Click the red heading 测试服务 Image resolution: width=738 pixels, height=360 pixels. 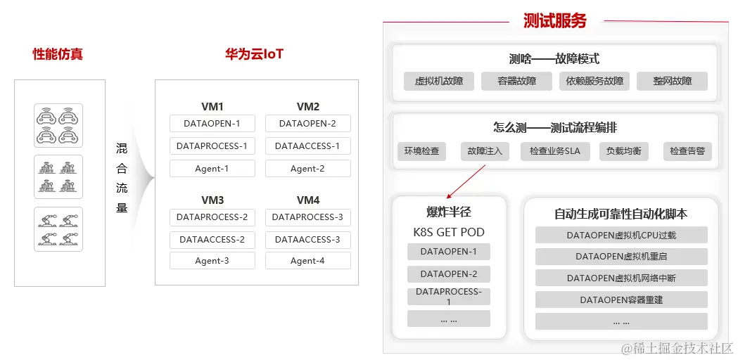tap(554, 20)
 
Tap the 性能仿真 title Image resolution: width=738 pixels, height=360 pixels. tap(58, 54)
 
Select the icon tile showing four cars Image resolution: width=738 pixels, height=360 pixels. tap(58, 125)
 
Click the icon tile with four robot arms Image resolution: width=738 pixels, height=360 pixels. tap(58, 229)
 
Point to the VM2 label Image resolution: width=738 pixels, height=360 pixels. tap(308, 107)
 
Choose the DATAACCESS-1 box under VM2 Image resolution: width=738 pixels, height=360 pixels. tap(307, 146)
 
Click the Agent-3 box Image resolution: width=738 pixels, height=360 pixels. tap(212, 261)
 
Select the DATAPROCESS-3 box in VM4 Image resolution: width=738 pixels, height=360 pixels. tap(307, 217)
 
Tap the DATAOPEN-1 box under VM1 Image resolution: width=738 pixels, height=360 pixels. tap(212, 124)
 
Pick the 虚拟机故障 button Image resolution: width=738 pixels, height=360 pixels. tap(439, 81)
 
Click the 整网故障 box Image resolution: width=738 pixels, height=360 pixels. tap(672, 81)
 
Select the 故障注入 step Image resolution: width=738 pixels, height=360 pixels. tap(485, 151)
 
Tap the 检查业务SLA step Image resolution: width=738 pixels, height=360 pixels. tap(555, 151)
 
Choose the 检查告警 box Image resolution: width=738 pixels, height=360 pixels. tap(687, 151)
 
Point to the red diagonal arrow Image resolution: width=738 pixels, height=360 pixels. tap(466, 182)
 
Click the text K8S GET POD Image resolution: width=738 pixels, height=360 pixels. tap(449, 232)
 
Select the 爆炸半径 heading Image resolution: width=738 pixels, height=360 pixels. tap(449, 213)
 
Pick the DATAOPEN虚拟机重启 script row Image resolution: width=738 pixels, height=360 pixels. tap(621, 257)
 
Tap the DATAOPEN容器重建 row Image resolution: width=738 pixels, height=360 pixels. tap(621, 300)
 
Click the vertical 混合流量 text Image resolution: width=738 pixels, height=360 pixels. tap(122, 178)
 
